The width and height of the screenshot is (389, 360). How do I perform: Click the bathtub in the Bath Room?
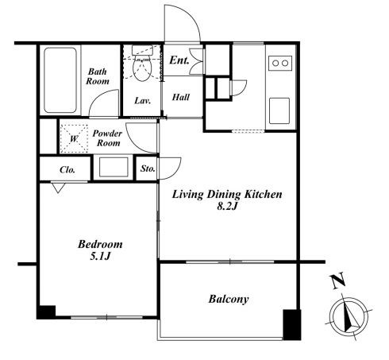coord(60,80)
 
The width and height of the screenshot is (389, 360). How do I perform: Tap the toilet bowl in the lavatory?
coord(142,68)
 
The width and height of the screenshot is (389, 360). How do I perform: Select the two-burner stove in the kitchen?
coord(280,63)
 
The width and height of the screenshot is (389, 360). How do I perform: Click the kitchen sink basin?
coord(279,110)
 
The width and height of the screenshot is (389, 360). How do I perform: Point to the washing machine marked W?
coord(74,138)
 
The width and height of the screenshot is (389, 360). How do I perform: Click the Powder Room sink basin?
coord(114,167)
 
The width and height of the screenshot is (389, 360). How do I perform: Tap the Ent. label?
coord(179,60)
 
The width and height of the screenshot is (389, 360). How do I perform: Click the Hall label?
coord(181,97)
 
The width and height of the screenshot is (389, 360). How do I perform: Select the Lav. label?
coord(142,101)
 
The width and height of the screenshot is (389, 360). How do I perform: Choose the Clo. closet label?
coord(67,169)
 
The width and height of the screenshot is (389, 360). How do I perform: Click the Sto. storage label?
coord(148,168)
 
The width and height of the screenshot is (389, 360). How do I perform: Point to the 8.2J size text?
coord(227,206)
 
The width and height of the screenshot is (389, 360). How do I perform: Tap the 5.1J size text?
coord(100,256)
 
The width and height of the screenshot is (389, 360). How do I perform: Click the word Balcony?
coord(229,300)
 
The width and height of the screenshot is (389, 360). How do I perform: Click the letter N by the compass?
coord(338,281)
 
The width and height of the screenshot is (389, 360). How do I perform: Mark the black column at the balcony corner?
coord(292,324)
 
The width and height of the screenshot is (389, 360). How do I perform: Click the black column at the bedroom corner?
coord(46,312)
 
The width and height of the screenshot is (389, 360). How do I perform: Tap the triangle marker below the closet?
coord(58,188)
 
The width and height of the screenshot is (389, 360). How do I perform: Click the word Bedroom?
coord(100,244)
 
